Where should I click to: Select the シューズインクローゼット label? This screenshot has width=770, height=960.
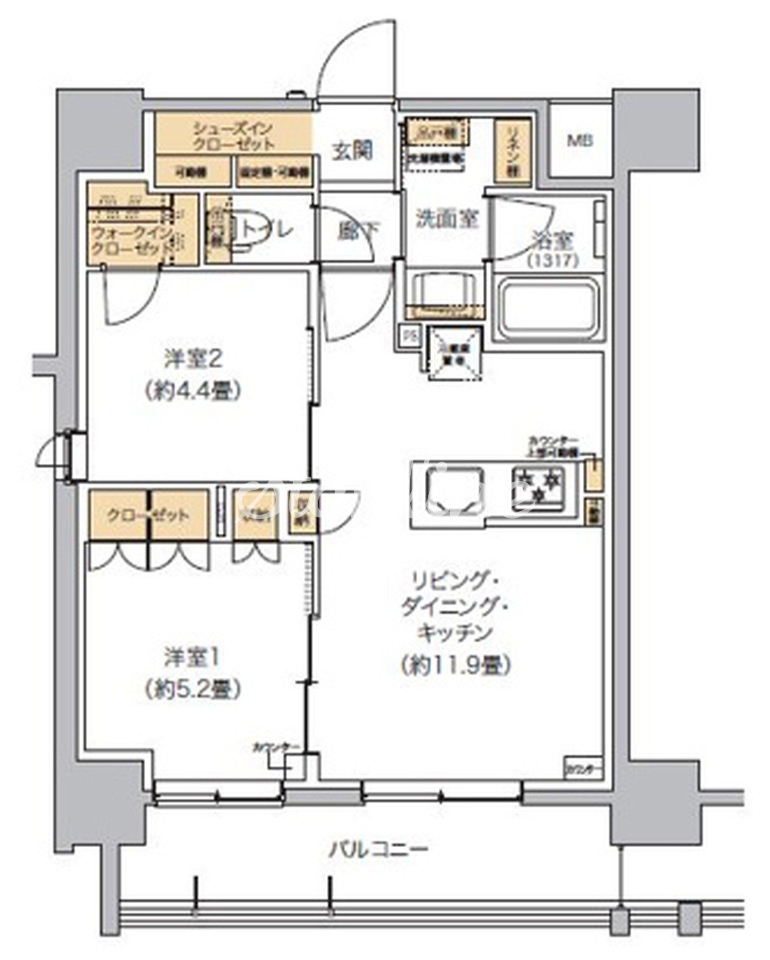[234, 136]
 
